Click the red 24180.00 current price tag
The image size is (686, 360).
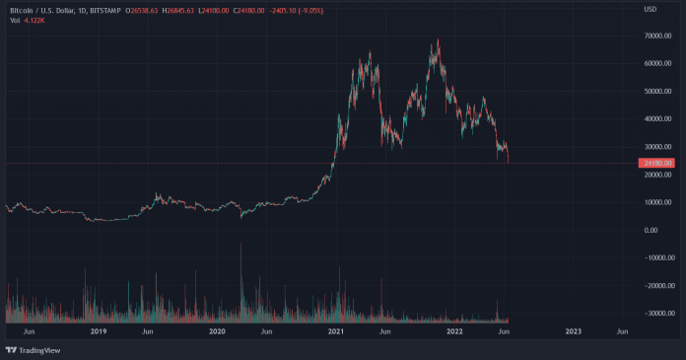pyautogui.click(x=656, y=163)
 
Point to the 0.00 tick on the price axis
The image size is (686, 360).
pyautogui.click(x=652, y=230)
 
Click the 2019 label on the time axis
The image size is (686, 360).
pyautogui.click(x=98, y=332)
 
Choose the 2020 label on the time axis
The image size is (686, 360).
pyautogui.click(x=219, y=332)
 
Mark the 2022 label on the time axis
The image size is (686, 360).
pyautogui.click(x=455, y=332)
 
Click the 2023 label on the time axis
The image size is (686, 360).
pyautogui.click(x=575, y=332)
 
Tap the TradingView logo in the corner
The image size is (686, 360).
pyautogui.click(x=30, y=349)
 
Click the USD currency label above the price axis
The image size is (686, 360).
pyautogui.click(x=650, y=10)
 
